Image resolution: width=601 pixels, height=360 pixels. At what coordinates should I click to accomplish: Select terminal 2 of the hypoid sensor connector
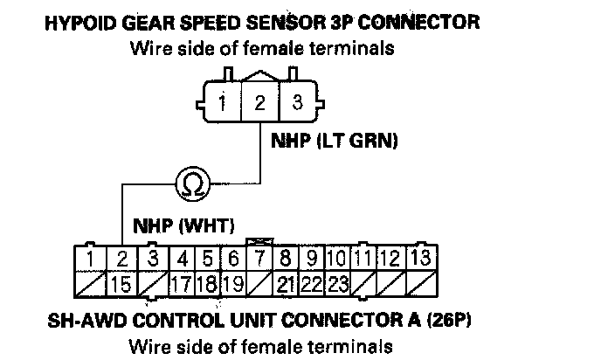[260, 103]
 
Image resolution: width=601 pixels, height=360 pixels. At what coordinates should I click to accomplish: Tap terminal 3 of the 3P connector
[297, 102]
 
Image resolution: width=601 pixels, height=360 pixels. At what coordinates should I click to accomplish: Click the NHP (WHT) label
[183, 225]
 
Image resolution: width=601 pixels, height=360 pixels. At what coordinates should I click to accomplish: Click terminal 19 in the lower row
[231, 283]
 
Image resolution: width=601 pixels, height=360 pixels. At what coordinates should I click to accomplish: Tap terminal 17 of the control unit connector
[180, 283]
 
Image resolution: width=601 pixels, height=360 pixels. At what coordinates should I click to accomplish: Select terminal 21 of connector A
[285, 283]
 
